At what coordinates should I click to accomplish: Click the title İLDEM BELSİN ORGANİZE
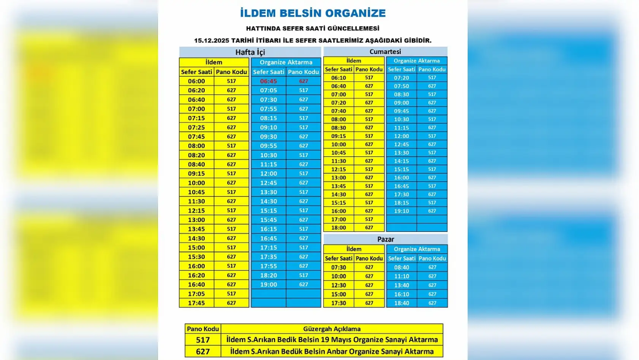coord(313,13)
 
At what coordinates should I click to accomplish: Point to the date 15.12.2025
coord(211,40)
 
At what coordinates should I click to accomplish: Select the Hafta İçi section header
coord(250,52)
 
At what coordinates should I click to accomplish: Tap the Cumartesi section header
coord(385,51)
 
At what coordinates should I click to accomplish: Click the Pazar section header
coord(385,239)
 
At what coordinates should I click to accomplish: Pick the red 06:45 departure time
coord(268,81)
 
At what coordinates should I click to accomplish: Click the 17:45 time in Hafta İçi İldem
coord(196,303)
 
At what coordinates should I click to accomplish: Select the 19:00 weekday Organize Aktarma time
coord(268,284)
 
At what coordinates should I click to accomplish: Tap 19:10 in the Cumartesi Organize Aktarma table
coord(401,211)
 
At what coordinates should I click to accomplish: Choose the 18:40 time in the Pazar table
coord(402,303)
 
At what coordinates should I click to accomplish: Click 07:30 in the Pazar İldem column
coord(338,267)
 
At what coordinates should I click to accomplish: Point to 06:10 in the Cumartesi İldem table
coord(338,78)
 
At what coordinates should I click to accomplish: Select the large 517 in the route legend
coord(203,340)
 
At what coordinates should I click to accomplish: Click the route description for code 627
coord(332,351)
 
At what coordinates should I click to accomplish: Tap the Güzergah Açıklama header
coord(332,329)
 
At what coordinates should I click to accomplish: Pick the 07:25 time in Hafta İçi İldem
coord(196,127)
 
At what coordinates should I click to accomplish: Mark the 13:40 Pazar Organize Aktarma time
coord(402,285)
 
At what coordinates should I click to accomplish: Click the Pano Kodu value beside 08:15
coord(304,118)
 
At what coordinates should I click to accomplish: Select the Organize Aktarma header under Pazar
coord(417,249)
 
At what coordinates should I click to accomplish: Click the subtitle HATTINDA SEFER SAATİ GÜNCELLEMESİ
coord(313,29)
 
